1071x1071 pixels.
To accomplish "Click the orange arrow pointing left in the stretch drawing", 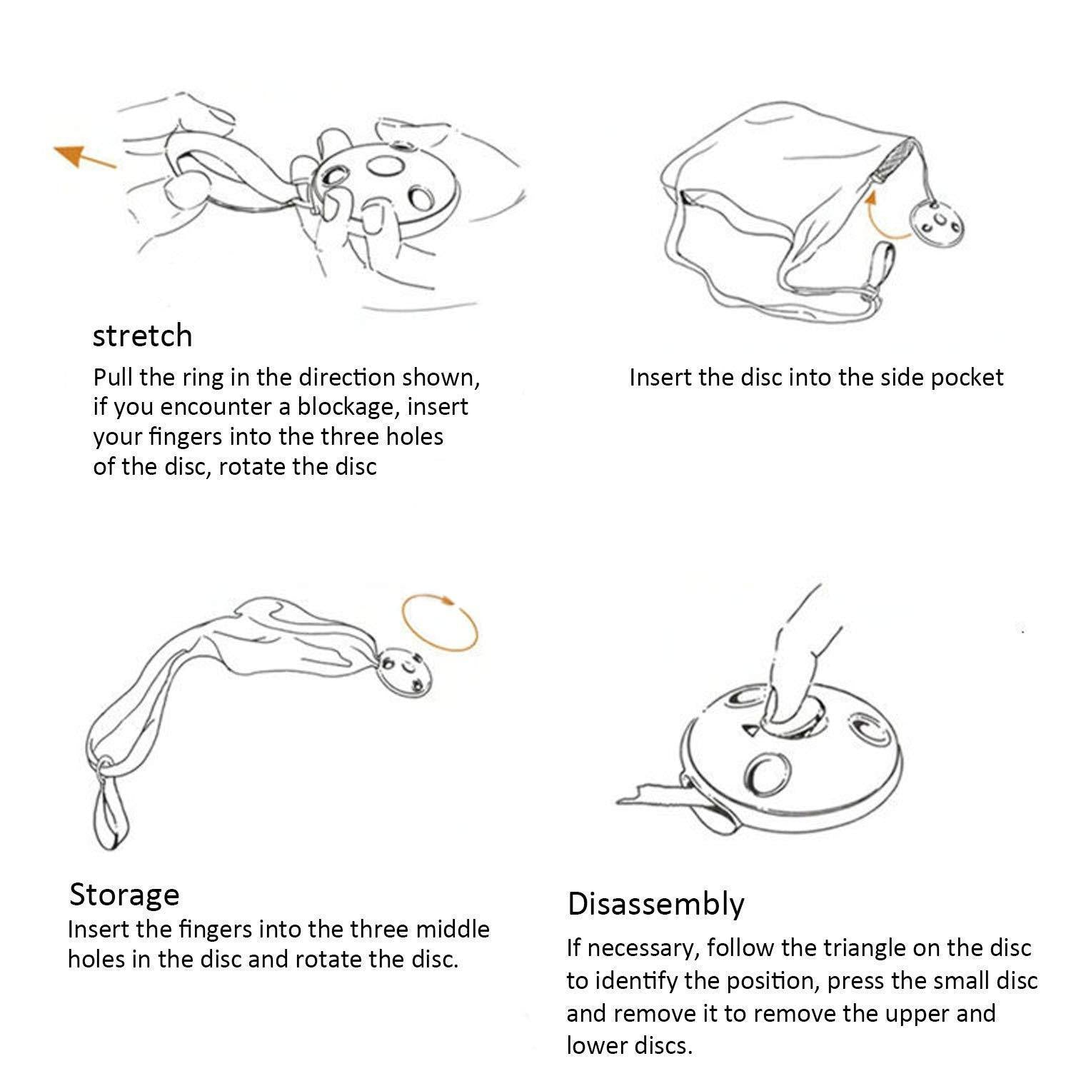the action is tap(84, 156).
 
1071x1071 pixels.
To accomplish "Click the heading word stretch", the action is tap(143, 336).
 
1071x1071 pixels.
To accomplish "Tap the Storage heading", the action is tap(124, 895).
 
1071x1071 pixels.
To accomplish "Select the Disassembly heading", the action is tap(655, 905).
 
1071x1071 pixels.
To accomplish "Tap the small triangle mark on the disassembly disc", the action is tap(750, 730).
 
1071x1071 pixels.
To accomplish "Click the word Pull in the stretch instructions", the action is tap(114, 377).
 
